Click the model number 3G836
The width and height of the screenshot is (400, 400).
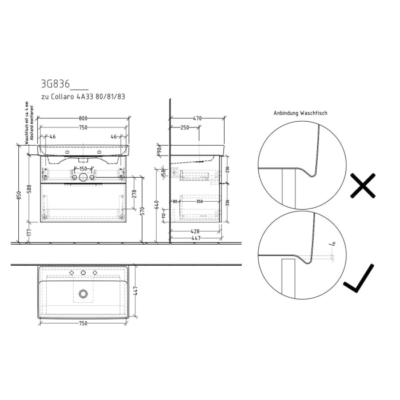click(x=55, y=84)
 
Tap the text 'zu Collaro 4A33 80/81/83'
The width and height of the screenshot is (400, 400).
click(x=82, y=97)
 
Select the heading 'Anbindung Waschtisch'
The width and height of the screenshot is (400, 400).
click(x=300, y=113)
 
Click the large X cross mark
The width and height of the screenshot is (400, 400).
click(x=362, y=186)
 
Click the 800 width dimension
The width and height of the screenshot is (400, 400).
click(x=83, y=118)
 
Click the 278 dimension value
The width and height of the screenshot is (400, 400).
click(x=134, y=194)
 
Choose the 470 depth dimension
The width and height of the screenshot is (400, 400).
click(x=197, y=118)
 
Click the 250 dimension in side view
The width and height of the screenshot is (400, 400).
click(x=185, y=127)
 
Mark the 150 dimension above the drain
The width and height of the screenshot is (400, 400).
click(x=83, y=169)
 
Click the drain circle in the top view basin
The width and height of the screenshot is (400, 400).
click(x=83, y=294)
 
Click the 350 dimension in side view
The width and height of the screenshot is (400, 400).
click(x=199, y=202)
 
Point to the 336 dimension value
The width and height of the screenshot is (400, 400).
click(x=227, y=202)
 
